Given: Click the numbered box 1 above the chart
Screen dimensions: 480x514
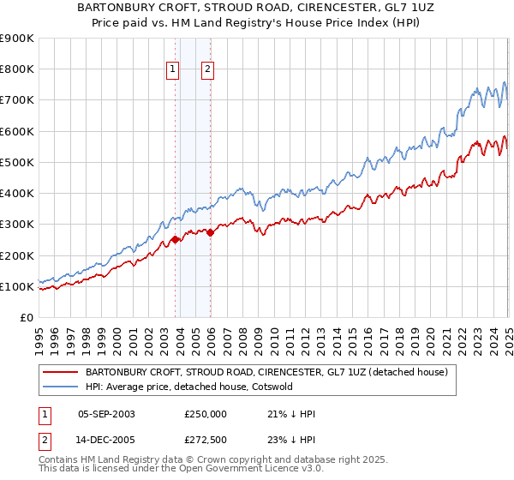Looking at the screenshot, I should pyautogui.click(x=173, y=70).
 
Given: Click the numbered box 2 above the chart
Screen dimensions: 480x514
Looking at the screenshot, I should pyautogui.click(x=208, y=70).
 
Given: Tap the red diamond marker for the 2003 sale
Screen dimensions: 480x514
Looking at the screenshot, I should pyautogui.click(x=176, y=240).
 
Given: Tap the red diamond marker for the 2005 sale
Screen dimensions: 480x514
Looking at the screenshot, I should pyautogui.click(x=211, y=232).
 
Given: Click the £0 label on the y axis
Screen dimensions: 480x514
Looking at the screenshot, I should pyautogui.click(x=26, y=317).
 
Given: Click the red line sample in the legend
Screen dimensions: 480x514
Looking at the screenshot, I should pyautogui.click(x=60, y=373).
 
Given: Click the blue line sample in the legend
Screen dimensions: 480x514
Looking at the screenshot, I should pyautogui.click(x=60, y=387).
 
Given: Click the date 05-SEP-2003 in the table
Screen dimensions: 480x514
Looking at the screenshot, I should pyautogui.click(x=106, y=414).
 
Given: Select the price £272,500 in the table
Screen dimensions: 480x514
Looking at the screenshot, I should pyautogui.click(x=206, y=441).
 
